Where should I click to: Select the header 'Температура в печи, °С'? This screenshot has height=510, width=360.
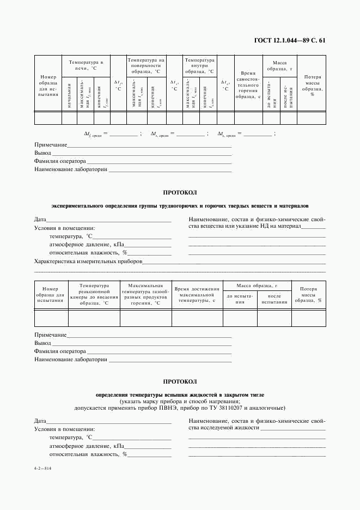point(86,66)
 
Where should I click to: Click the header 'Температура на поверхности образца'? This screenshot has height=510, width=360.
point(146,66)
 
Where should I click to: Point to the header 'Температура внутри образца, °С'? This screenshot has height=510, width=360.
point(199,66)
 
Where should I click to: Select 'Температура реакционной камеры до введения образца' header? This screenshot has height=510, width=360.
point(94,294)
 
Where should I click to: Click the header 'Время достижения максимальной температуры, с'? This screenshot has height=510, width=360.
point(197,294)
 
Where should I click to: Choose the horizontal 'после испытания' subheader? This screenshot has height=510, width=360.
point(274,298)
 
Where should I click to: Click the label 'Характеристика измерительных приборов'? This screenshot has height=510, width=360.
point(88,262)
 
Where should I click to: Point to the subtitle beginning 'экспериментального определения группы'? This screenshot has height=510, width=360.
point(180,207)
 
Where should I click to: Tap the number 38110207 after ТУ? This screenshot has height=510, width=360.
point(230,408)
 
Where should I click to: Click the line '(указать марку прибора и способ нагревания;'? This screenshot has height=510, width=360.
point(180,400)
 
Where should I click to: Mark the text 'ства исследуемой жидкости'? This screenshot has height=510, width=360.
point(224,428)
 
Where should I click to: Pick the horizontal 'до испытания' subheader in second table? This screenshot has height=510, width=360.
point(240,298)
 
